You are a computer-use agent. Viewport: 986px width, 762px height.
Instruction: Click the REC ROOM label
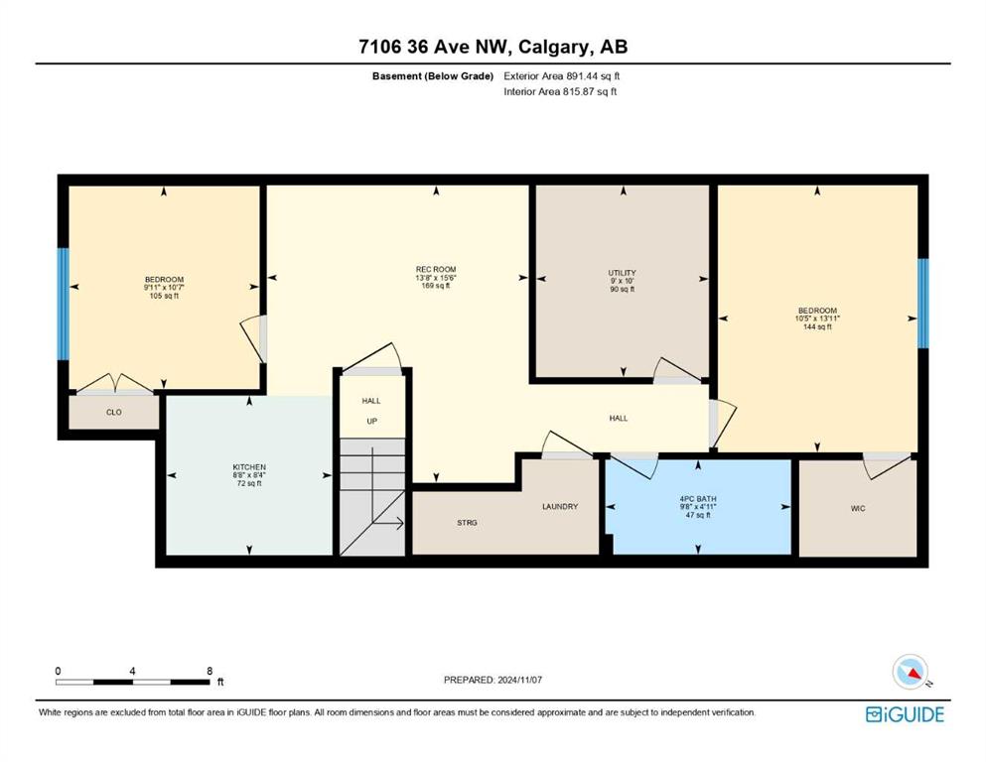435,270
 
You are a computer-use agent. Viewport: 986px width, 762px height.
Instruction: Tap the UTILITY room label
622,273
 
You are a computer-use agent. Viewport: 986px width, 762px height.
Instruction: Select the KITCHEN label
249,467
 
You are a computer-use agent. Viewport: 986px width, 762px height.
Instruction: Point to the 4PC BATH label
698,499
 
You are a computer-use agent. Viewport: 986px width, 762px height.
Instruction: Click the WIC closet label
858,508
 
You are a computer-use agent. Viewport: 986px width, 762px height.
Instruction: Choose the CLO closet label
114,412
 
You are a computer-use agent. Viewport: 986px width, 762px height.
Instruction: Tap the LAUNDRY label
560,506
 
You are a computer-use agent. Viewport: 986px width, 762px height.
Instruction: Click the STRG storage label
467,523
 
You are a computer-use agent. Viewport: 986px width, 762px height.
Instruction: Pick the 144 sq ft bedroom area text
817,326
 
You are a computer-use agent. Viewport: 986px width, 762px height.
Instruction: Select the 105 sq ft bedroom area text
164,296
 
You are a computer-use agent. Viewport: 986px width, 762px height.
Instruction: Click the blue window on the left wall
63,305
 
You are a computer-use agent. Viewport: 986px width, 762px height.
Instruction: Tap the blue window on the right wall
922,304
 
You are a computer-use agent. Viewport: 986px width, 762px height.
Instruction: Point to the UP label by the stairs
371,421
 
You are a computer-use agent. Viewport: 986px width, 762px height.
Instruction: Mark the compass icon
911,671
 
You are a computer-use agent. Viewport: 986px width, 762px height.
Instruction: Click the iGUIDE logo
905,714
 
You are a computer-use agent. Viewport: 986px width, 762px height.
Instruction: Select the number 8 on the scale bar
210,671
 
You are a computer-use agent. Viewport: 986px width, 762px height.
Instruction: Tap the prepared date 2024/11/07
518,680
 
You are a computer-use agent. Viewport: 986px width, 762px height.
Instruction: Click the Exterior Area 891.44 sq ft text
562,76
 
